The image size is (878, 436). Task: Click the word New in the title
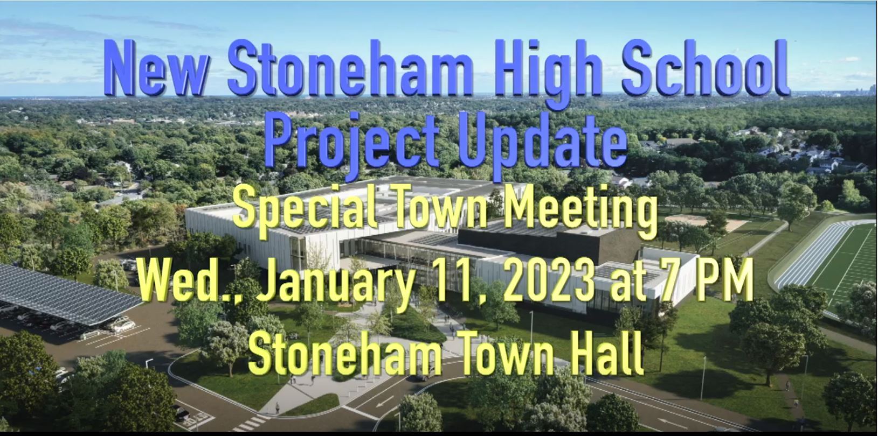point(156,68)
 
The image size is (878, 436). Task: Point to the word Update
point(543,141)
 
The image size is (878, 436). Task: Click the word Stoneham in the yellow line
point(345,354)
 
